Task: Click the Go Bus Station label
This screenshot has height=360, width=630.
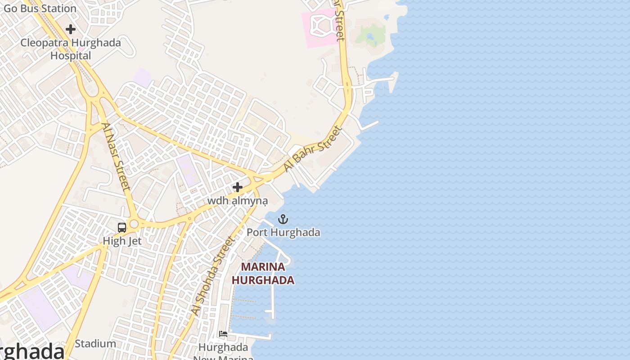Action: [40, 8]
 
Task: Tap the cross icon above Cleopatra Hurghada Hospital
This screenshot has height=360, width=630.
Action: [71, 29]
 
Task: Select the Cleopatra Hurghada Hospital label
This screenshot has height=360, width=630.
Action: [71, 49]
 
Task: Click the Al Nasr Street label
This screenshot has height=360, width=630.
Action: [116, 156]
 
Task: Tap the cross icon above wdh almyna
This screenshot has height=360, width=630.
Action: [238, 187]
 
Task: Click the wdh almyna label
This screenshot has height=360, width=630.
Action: [237, 200]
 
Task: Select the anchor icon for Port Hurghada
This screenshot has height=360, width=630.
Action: [283, 220]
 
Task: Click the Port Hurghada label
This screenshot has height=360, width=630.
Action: [283, 232]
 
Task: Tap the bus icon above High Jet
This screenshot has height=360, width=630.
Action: [122, 228]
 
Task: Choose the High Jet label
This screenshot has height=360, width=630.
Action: [122, 241]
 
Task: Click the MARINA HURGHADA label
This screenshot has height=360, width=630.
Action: [263, 273]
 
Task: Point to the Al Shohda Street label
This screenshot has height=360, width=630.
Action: [213, 275]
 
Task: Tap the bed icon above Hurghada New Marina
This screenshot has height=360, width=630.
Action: [223, 334]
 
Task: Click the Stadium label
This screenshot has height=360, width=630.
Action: [95, 344]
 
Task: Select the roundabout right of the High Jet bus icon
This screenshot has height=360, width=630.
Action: [134, 224]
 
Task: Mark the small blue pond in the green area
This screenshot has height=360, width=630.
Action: [370, 36]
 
